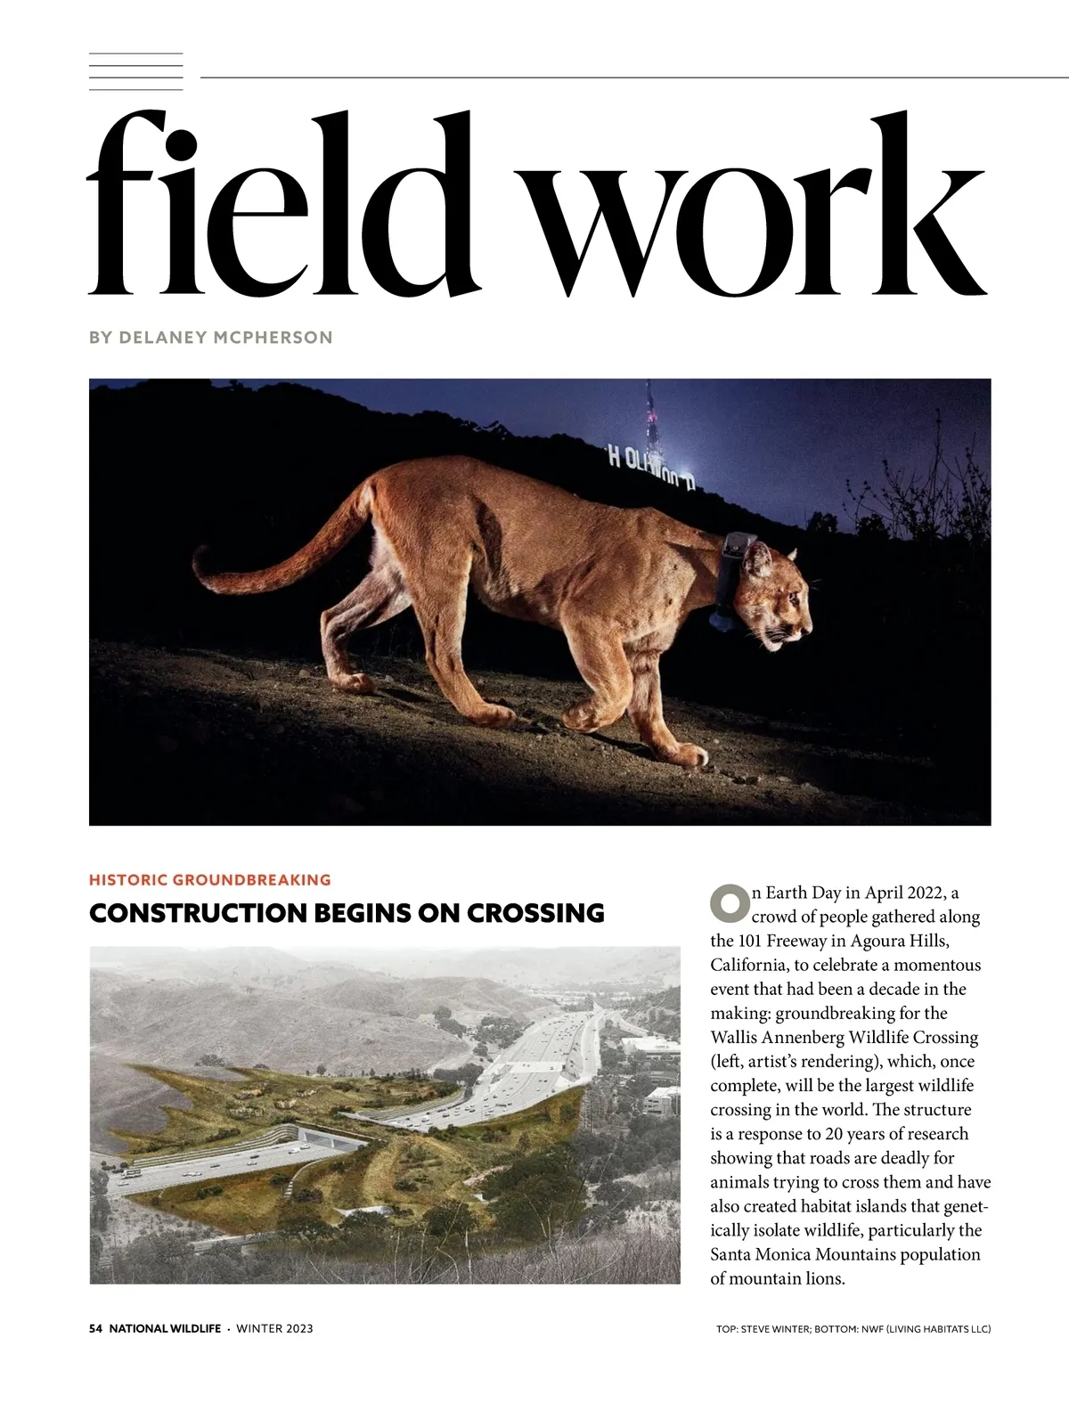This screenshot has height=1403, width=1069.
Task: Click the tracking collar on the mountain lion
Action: click(736, 579)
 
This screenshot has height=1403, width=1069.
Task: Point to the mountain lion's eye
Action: click(789, 592)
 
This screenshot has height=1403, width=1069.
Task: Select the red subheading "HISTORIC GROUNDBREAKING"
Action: click(210, 880)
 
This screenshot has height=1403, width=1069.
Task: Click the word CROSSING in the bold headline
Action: click(535, 913)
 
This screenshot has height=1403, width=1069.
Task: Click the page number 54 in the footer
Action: click(96, 1329)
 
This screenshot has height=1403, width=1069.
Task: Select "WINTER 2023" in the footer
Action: click(274, 1329)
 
